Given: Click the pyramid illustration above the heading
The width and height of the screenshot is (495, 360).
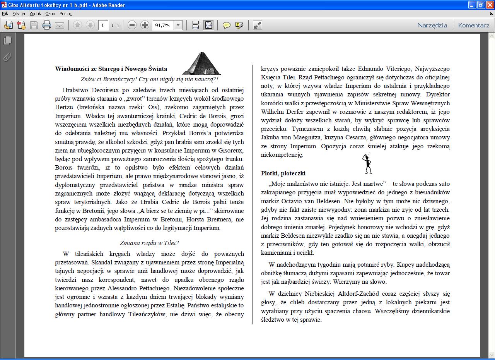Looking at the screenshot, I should (x=201, y=63).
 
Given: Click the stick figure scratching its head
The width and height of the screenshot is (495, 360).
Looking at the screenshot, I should (x=367, y=163).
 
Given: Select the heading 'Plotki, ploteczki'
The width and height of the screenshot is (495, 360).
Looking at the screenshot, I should (x=283, y=173).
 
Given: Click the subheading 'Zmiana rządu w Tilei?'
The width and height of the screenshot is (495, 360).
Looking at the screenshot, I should (x=149, y=243).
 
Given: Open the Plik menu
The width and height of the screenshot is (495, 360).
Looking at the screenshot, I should (x=5, y=14).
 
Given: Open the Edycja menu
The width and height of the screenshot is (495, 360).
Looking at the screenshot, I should (x=19, y=14).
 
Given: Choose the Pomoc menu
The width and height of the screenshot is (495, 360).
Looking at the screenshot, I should (x=66, y=14).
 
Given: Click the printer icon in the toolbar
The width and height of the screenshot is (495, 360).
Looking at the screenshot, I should (x=47, y=25).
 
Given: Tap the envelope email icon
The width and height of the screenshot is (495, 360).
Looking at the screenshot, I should (x=60, y=25).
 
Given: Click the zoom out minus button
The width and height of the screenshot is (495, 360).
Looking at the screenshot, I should (x=132, y=25).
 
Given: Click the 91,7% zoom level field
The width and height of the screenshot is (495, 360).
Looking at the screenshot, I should (x=163, y=25).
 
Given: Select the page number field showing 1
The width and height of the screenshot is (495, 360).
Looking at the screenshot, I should (x=103, y=25).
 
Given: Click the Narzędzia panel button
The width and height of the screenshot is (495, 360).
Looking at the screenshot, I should (x=432, y=25).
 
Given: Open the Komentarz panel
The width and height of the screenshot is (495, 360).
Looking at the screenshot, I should (x=474, y=25).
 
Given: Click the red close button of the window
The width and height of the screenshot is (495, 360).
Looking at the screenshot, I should (x=490, y=5).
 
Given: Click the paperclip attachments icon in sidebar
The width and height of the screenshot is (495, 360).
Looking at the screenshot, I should (x=7, y=57).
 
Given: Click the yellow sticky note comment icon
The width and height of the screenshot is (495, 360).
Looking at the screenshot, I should (x=227, y=25).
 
